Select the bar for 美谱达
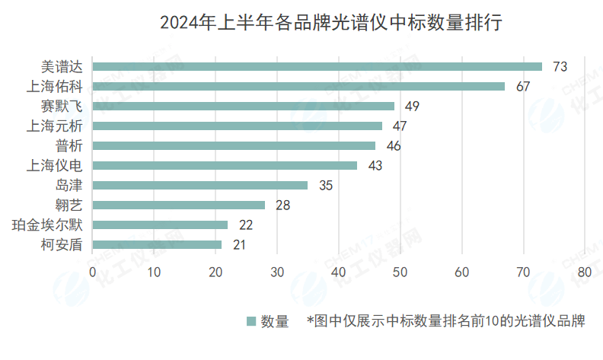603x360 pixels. click(x=317, y=66)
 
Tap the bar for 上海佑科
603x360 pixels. click(x=298, y=86)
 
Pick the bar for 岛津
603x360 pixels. click(x=200, y=185)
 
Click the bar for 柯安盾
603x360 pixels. click(x=157, y=244)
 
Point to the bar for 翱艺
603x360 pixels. click(x=179, y=205)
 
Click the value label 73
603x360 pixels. click(x=560, y=67)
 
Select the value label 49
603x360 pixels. click(x=412, y=107)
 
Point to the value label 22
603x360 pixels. click(x=245, y=225)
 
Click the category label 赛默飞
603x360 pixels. click(x=65, y=106)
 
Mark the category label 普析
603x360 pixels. click(x=70, y=145)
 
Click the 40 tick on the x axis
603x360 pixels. click(x=339, y=272)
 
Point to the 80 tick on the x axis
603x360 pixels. click(x=585, y=272)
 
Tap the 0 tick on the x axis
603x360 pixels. click(x=93, y=272)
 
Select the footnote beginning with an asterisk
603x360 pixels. click(x=445, y=321)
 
